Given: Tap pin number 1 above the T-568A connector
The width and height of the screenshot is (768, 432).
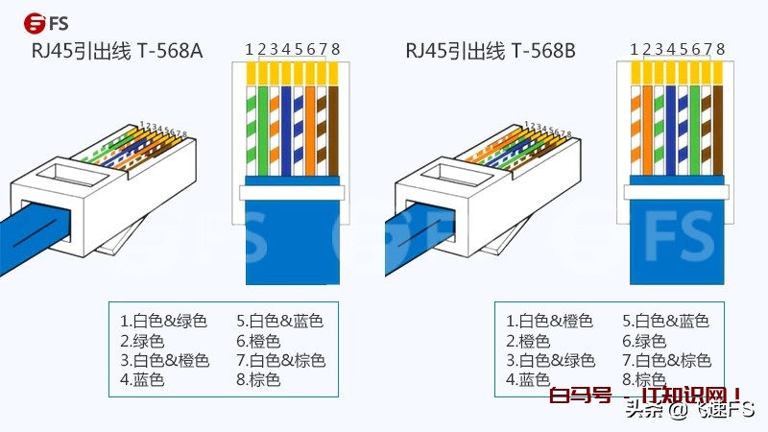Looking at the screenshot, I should click(249, 49).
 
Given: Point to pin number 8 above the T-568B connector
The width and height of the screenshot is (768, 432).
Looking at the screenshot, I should click(720, 49).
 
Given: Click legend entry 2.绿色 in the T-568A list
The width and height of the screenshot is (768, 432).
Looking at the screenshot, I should click(142, 341).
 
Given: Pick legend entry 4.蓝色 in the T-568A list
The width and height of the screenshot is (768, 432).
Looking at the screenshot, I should click(142, 380).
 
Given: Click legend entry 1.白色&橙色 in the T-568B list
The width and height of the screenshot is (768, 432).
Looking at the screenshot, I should click(549, 321).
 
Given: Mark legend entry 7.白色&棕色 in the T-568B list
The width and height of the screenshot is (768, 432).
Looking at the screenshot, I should click(666, 361).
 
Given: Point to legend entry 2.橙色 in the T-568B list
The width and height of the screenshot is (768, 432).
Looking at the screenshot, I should click(528, 341).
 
